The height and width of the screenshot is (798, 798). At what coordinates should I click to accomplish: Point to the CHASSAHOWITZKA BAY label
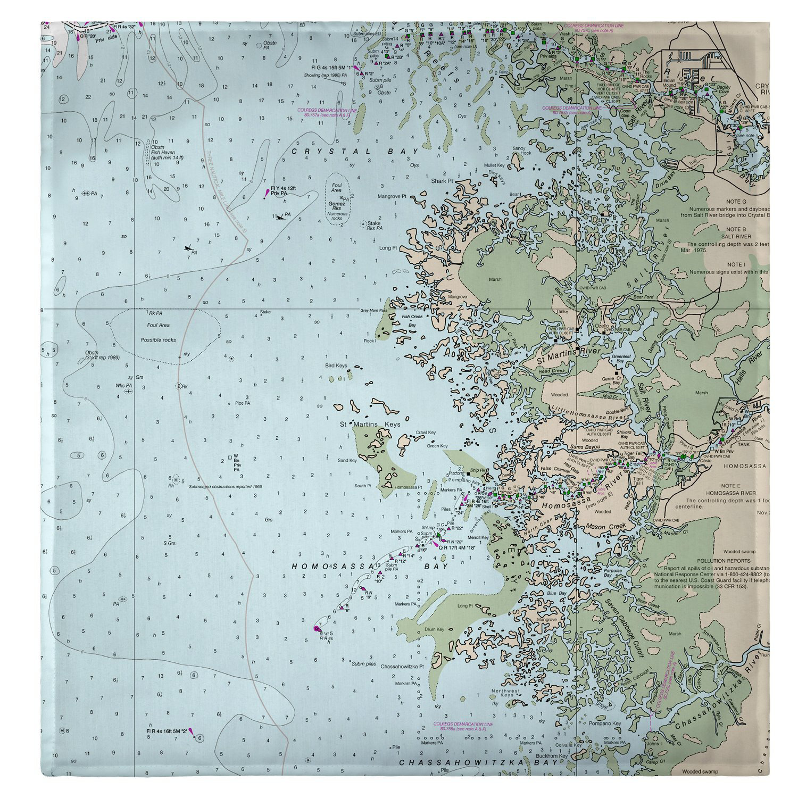(479, 762)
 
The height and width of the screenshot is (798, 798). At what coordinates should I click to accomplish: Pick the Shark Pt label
(442, 181)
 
